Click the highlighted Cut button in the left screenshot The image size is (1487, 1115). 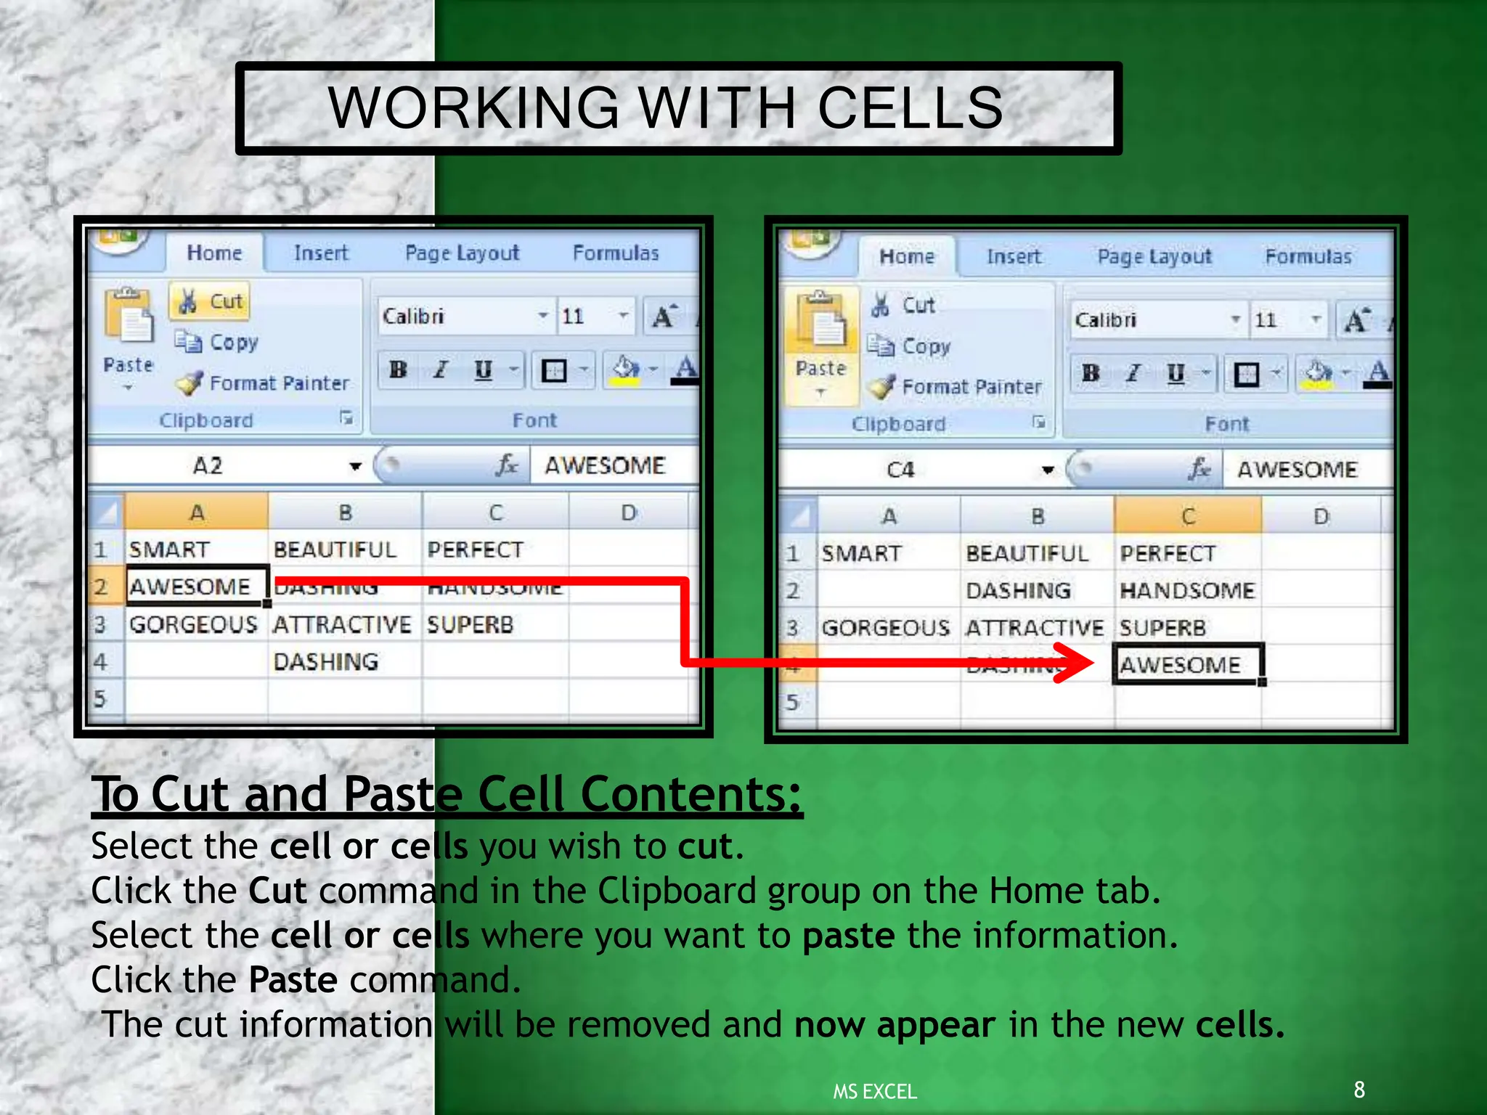(210, 301)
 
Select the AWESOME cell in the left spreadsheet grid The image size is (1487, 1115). (190, 586)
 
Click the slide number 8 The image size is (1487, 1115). (1359, 1090)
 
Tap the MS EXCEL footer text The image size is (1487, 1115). (874, 1092)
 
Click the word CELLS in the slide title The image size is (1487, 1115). (910, 108)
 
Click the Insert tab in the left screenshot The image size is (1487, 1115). (321, 253)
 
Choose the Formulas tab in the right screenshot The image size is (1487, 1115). (1308, 256)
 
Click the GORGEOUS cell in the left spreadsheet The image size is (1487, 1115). (193, 624)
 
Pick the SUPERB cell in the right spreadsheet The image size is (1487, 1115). (1162, 628)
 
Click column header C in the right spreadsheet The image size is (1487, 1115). (1188, 516)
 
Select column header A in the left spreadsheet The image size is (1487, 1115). (196, 512)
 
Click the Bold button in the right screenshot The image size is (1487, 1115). (1090, 373)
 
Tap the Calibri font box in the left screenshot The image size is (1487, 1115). (457, 316)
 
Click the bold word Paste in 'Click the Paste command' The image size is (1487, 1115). (293, 980)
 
